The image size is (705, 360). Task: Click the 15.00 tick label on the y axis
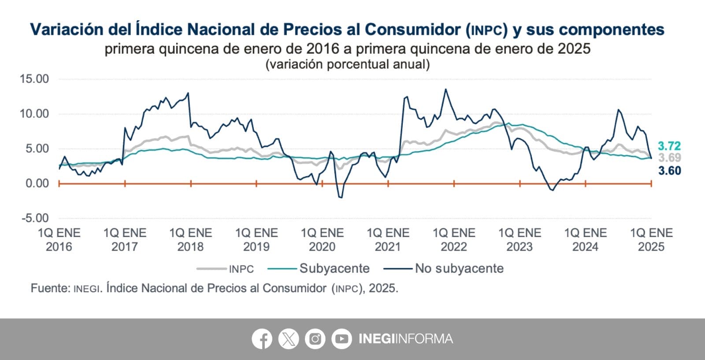point(34,79)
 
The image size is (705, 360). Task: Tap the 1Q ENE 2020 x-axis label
point(322,240)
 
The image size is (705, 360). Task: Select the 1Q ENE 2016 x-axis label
point(59,240)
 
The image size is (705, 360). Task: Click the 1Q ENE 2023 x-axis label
point(519,240)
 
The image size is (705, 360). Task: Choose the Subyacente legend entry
point(334,268)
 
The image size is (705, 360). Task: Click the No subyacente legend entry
point(459,268)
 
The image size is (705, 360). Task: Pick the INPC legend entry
point(241,269)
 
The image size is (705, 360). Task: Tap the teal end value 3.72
point(669,146)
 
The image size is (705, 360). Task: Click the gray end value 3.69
point(669,158)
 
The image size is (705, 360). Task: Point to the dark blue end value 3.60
point(669,171)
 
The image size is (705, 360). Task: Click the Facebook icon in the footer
point(262,339)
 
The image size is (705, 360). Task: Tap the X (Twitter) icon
point(289,339)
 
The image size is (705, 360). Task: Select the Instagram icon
point(315,339)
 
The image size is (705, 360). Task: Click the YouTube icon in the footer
point(341,339)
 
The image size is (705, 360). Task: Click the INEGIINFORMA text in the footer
point(405,339)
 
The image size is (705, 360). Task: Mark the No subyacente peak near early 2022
point(445,89)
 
